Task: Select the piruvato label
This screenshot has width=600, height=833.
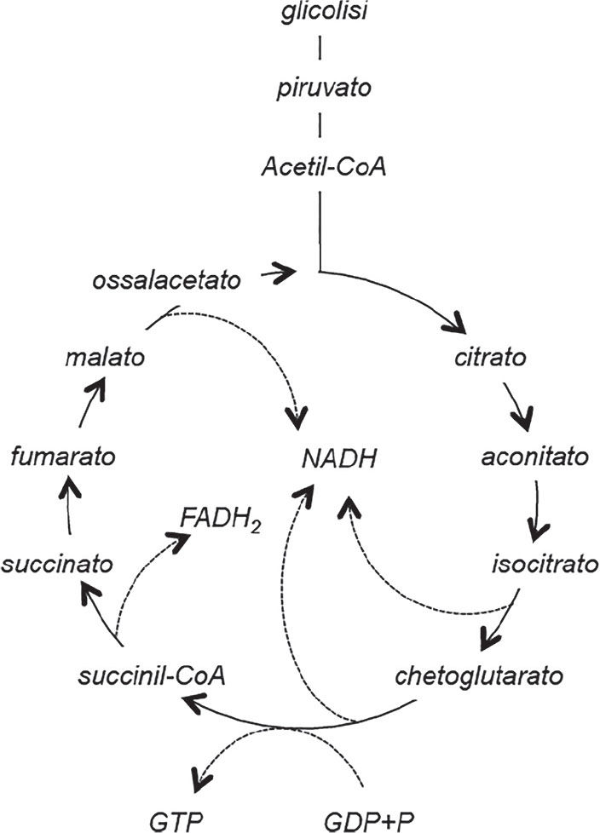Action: click(x=319, y=89)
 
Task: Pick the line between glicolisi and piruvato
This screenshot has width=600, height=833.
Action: click(x=319, y=49)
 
